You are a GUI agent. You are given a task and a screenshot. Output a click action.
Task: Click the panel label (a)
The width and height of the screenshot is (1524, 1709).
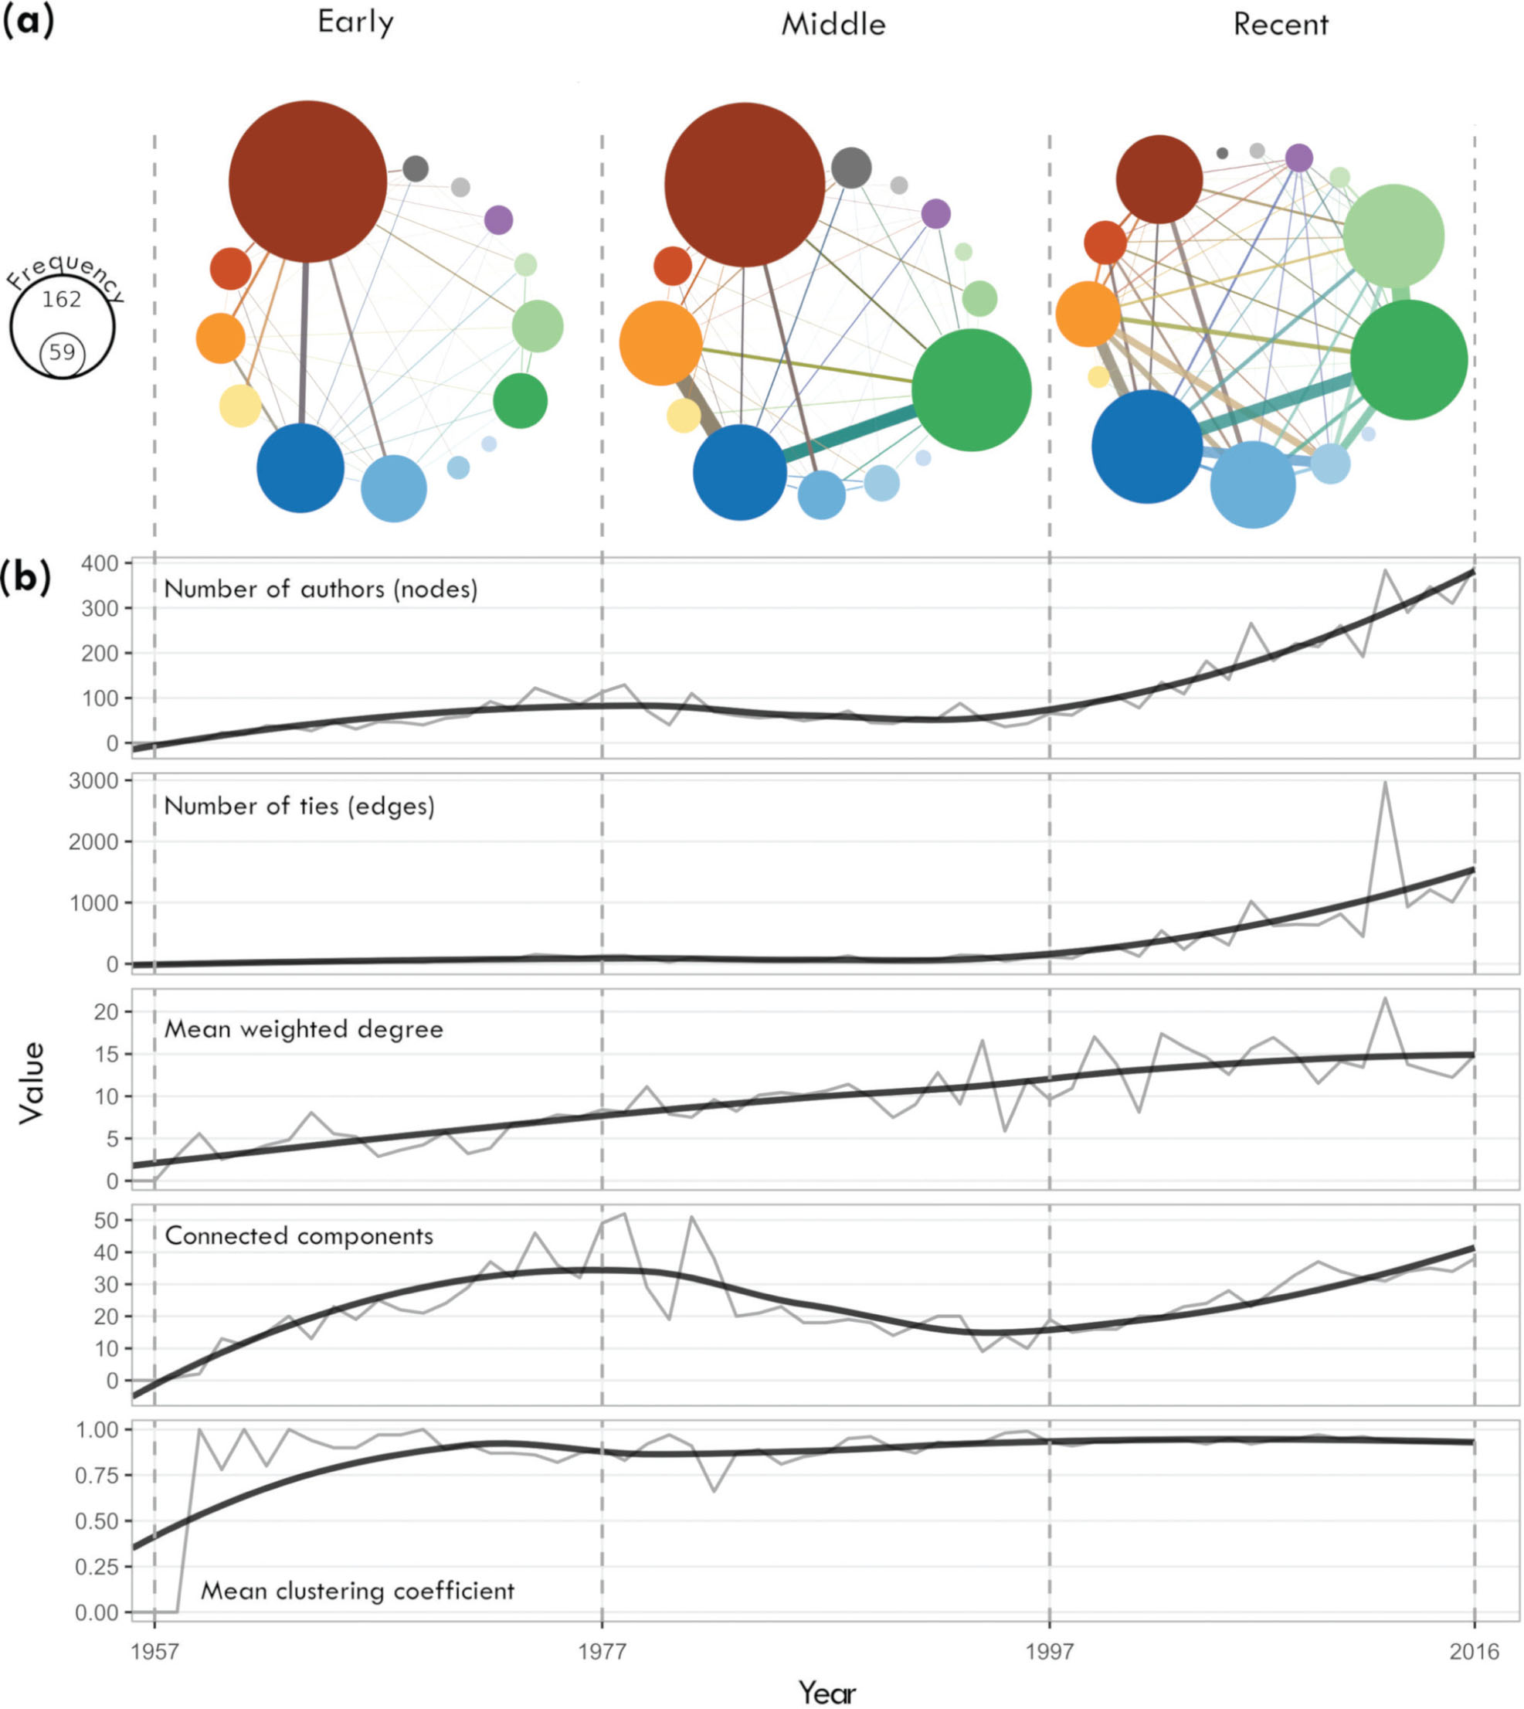[28, 22]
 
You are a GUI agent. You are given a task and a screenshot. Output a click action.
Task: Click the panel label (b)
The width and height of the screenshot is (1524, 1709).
[26, 578]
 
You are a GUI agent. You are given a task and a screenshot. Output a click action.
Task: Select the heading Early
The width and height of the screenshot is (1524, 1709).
[355, 22]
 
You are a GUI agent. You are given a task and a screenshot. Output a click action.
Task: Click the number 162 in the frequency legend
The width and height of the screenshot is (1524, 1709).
[62, 299]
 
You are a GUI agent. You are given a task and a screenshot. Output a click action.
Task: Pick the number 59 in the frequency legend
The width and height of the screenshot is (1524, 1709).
[62, 352]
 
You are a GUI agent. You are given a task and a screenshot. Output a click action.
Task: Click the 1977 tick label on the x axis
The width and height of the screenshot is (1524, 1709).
[602, 1651]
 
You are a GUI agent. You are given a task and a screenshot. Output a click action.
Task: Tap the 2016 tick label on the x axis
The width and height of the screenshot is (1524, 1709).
[1475, 1651]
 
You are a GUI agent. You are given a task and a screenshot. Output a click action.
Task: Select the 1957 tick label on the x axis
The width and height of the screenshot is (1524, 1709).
[155, 1651]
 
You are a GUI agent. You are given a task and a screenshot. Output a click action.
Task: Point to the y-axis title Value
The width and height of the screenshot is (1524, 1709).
[32, 1082]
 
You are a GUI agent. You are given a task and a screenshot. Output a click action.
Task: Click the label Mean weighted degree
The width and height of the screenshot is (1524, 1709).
[303, 1029]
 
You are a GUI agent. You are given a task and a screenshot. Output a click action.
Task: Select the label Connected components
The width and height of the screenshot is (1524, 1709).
[299, 1236]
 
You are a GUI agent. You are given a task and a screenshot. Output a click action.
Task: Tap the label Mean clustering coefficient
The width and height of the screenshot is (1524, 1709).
[358, 1590]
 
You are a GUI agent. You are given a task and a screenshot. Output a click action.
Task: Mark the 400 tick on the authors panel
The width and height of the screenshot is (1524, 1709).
[100, 563]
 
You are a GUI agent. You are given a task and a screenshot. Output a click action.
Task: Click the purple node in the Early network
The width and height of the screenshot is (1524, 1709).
[498, 220]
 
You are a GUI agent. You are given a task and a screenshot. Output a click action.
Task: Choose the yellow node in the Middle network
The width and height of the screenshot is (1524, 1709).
[684, 416]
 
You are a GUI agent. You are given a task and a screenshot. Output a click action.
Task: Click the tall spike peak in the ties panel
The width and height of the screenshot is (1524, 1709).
[1386, 782]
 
